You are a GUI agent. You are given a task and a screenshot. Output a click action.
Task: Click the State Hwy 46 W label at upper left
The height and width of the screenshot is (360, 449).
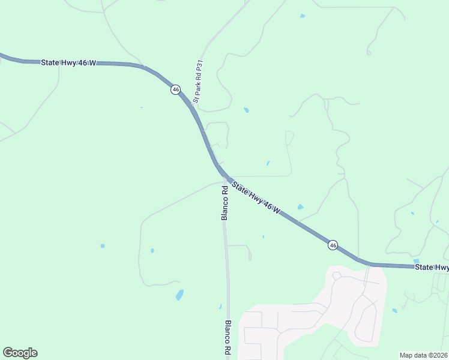[x=68, y=62]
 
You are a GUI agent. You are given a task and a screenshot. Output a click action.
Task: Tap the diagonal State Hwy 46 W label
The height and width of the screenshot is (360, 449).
[x=256, y=197]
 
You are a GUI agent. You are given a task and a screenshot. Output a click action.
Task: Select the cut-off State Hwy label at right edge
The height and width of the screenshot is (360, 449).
[x=432, y=267]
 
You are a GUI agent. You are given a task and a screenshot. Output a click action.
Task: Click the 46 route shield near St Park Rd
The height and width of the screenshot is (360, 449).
[x=175, y=89]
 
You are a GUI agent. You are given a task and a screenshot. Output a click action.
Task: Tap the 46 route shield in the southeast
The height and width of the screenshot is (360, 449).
[x=333, y=245]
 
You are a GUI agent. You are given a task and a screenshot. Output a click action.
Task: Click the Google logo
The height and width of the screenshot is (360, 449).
[x=20, y=353]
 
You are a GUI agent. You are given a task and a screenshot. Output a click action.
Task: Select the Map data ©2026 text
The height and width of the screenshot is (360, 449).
[x=423, y=355]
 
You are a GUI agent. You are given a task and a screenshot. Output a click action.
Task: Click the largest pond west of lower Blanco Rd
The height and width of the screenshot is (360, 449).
[x=179, y=295]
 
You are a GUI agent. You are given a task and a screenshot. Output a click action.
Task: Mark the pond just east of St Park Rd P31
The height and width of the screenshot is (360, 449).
[x=246, y=110]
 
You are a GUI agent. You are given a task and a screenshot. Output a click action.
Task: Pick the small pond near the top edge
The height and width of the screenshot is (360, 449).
[x=302, y=16]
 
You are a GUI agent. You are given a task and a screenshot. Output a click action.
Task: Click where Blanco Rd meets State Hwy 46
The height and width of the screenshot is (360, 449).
[x=225, y=178]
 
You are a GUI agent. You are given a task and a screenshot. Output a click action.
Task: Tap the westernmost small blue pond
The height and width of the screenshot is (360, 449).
[x=103, y=245]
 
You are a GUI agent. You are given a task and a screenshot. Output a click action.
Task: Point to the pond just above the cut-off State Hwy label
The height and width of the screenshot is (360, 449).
[x=416, y=260]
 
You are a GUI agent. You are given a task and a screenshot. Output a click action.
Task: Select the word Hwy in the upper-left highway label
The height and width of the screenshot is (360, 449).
[x=73, y=62]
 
